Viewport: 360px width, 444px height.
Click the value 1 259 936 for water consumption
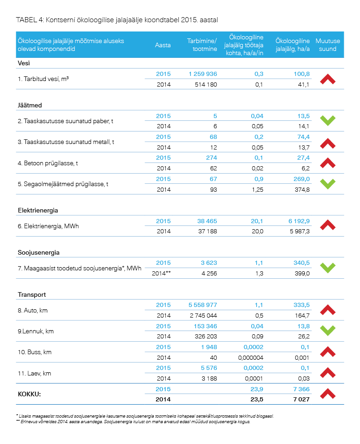coord(202,74)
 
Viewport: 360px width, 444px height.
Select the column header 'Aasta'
coord(163,45)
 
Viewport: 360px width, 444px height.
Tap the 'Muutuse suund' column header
coord(328,45)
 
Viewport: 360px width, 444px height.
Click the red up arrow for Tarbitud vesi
coord(328,79)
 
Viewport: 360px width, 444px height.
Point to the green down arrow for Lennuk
coord(328,331)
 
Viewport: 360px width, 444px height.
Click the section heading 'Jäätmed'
coord(30,106)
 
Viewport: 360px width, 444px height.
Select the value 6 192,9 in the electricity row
coord(299,221)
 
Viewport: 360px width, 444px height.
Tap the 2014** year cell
coord(161,273)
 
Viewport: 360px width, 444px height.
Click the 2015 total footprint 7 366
coord(301,389)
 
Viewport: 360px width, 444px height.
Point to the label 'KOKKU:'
coord(29,394)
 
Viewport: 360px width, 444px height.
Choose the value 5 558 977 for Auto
coord(202,305)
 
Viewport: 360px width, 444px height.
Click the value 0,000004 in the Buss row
coord(251,357)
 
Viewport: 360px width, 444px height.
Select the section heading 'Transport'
coord(32,294)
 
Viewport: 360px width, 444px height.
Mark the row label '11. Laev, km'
coord(34,373)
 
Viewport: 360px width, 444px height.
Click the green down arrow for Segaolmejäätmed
coord(328,184)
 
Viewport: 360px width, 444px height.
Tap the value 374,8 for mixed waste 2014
coord(302,189)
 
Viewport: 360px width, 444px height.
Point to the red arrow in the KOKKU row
coord(328,394)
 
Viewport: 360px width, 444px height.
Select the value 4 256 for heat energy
coord(209,273)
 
